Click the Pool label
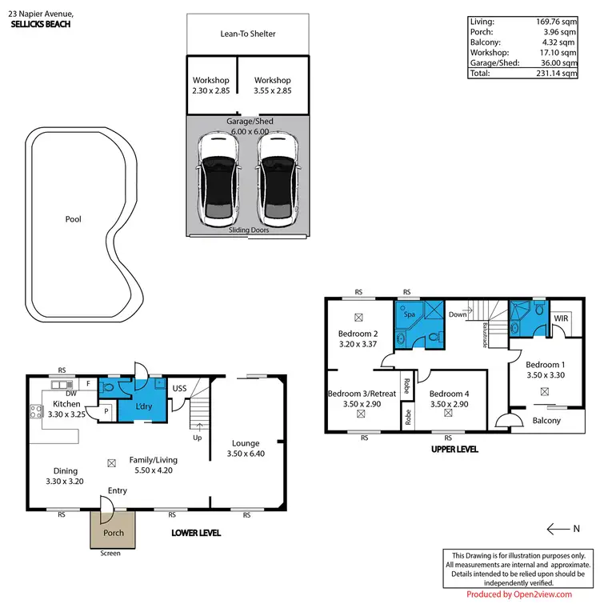coord(74,219)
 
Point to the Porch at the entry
coord(112,533)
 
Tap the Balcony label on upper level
coord(546,421)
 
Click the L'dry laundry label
coord(144,407)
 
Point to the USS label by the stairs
coord(180,389)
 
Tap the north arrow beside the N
coord(557,528)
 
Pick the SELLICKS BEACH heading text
coord(41,25)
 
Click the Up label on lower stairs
coord(195,437)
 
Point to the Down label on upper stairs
coord(457,314)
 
